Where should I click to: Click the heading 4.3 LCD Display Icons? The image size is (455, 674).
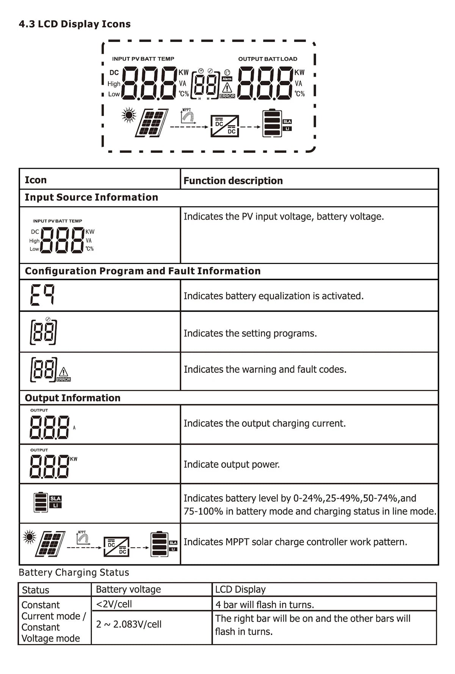point(75,24)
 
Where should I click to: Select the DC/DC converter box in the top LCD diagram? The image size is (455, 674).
point(225,126)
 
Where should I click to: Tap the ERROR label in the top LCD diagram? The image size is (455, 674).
point(227,96)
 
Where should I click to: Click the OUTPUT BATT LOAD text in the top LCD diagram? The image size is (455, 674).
point(268,59)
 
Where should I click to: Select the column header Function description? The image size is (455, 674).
point(233,181)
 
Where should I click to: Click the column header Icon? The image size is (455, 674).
point(36,180)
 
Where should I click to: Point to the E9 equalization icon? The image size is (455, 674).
point(42,295)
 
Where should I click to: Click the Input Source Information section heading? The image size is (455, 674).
point(91,197)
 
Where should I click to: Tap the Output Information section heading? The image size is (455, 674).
point(72,398)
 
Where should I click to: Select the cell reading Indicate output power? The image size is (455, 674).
point(232,464)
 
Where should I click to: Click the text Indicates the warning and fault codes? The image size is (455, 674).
point(265,369)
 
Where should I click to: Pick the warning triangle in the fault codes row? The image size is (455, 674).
point(64,372)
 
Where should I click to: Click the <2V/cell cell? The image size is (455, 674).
point(114,604)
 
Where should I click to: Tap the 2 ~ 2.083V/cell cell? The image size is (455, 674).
point(129,624)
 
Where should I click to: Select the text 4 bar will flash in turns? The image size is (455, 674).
point(265,605)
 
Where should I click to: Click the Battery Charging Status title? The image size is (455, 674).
point(74,572)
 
